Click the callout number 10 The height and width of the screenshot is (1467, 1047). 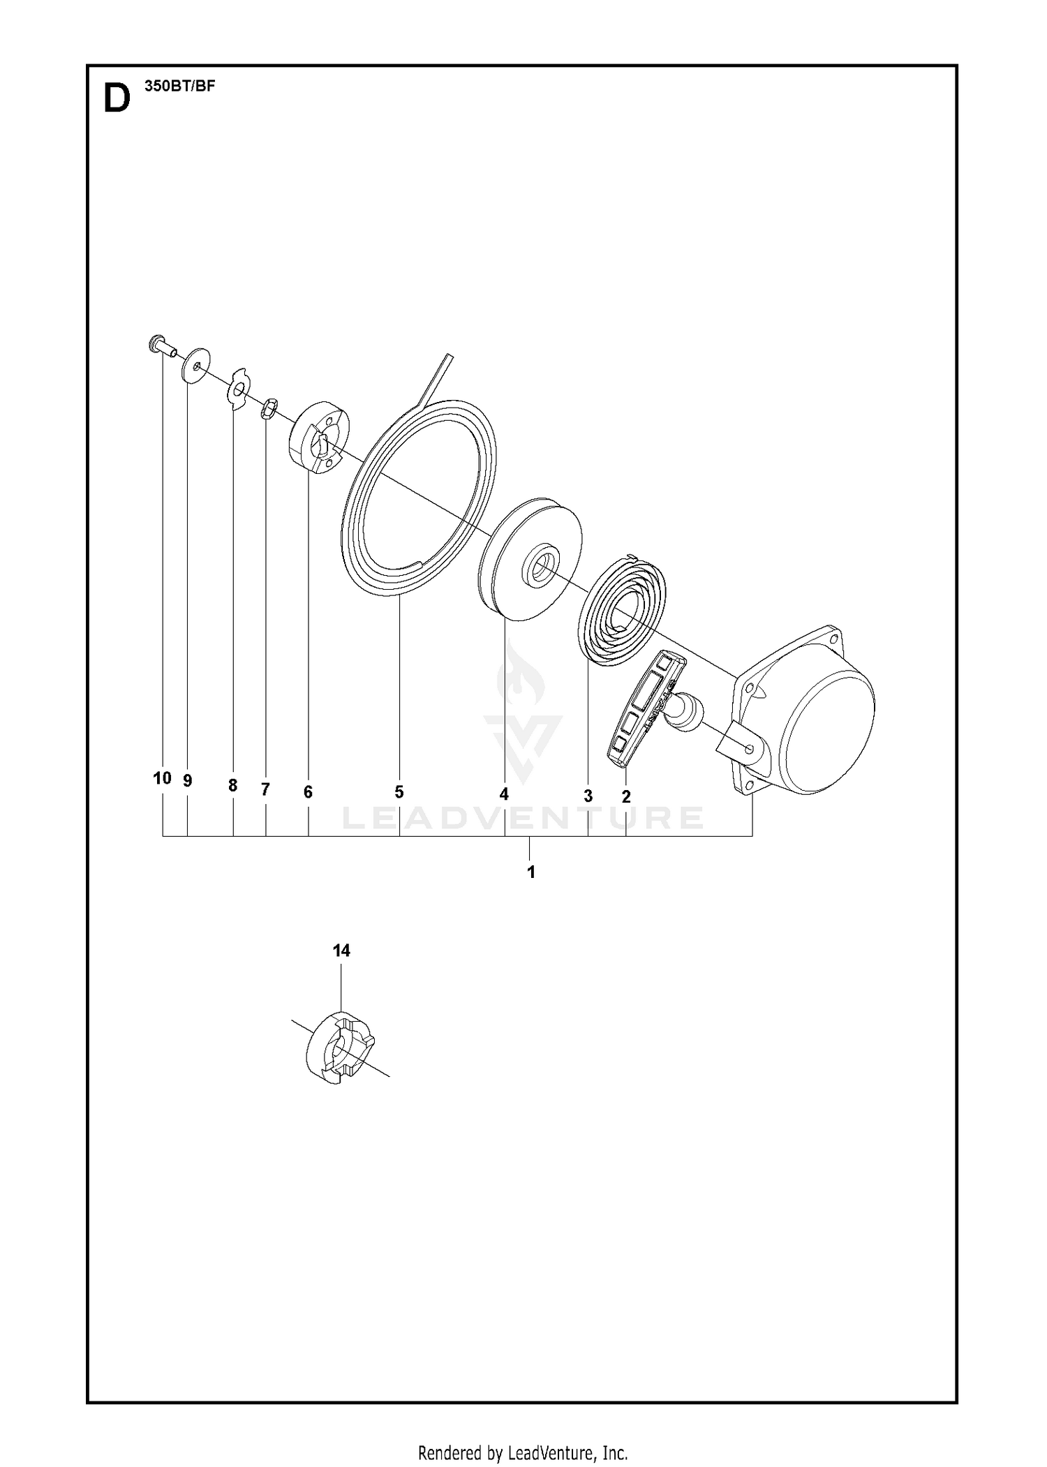point(162,778)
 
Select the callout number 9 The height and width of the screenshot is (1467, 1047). point(187,781)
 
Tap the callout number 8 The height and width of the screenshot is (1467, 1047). point(233,786)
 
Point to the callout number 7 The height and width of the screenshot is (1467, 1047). point(265,789)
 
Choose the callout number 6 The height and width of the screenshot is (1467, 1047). point(308,792)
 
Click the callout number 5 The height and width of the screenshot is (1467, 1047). point(399,792)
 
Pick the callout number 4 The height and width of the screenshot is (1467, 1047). point(504,794)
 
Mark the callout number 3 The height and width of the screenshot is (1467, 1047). point(588,796)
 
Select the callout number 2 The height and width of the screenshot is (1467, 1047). point(626,796)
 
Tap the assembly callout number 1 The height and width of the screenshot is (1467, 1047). point(531,872)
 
